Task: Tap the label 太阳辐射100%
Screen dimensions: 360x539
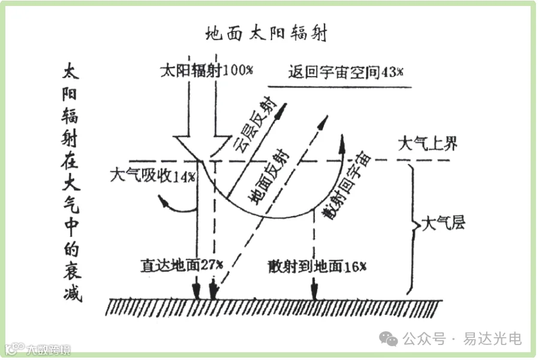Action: [x=206, y=70]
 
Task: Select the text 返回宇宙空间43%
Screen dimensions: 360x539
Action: [x=345, y=72]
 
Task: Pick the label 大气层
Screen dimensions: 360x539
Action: [x=444, y=224]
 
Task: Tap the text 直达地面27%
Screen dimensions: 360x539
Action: [x=182, y=264]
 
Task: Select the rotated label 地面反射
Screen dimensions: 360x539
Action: [x=269, y=178]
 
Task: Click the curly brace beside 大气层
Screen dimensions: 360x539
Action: [x=414, y=227]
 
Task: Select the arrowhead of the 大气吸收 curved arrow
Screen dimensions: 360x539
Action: [x=164, y=204]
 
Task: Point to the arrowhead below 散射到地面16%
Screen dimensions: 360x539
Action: [x=314, y=295]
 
